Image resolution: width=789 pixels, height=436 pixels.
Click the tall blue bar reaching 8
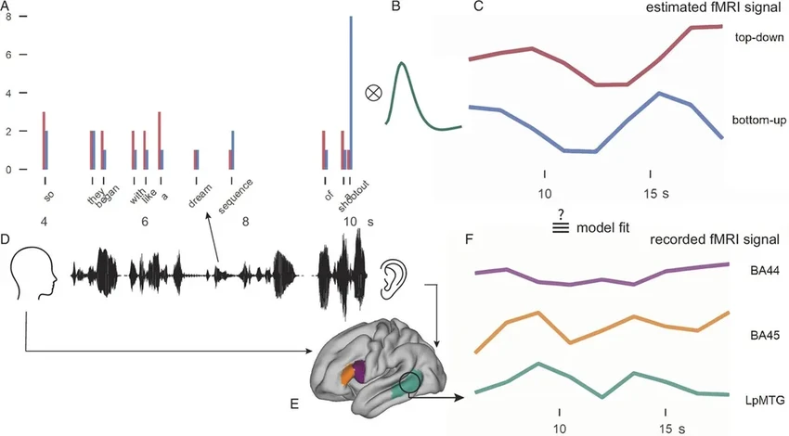(351, 93)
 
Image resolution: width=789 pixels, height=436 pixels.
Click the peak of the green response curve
(402, 63)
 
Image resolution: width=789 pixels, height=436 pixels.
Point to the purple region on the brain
(360, 358)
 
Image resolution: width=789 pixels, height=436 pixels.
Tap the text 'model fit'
(601, 227)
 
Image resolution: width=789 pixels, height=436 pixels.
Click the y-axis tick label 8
(7, 17)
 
